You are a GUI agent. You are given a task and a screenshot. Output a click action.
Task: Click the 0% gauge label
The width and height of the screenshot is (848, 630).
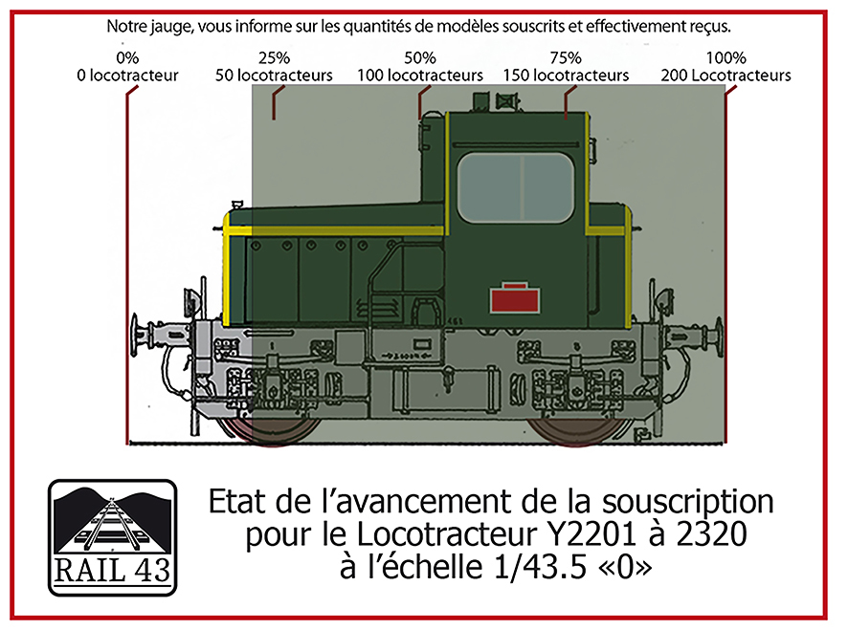127,57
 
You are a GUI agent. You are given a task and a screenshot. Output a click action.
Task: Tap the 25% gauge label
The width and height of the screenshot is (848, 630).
274,57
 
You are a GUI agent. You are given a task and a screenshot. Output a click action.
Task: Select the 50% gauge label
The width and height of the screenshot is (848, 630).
420,57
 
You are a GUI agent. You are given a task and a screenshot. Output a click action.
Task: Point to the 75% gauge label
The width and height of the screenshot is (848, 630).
566,57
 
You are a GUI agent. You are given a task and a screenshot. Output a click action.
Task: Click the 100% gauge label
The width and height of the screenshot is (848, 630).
725,57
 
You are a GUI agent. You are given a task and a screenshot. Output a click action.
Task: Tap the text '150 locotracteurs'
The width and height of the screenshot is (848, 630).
566,76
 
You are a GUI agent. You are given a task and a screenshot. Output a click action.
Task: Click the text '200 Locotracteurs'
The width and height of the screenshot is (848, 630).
725,76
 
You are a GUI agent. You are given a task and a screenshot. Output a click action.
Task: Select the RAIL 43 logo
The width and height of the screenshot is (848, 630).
113,537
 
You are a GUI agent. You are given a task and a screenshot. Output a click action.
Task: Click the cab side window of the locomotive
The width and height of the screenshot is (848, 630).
515,187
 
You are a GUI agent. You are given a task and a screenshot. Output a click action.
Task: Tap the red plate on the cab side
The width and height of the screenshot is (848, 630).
514,297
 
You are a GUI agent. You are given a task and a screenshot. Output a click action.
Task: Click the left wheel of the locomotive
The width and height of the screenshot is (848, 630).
271,428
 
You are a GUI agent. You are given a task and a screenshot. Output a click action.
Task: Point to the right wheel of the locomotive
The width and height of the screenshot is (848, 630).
576,428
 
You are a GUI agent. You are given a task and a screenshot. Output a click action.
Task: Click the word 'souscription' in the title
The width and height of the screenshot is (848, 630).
687,503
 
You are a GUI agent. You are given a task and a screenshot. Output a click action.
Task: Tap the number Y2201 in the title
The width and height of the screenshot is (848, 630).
592,534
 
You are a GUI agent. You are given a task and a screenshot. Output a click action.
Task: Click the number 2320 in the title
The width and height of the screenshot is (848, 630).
712,534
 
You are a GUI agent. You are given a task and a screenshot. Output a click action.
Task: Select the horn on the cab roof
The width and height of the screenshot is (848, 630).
507,101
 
